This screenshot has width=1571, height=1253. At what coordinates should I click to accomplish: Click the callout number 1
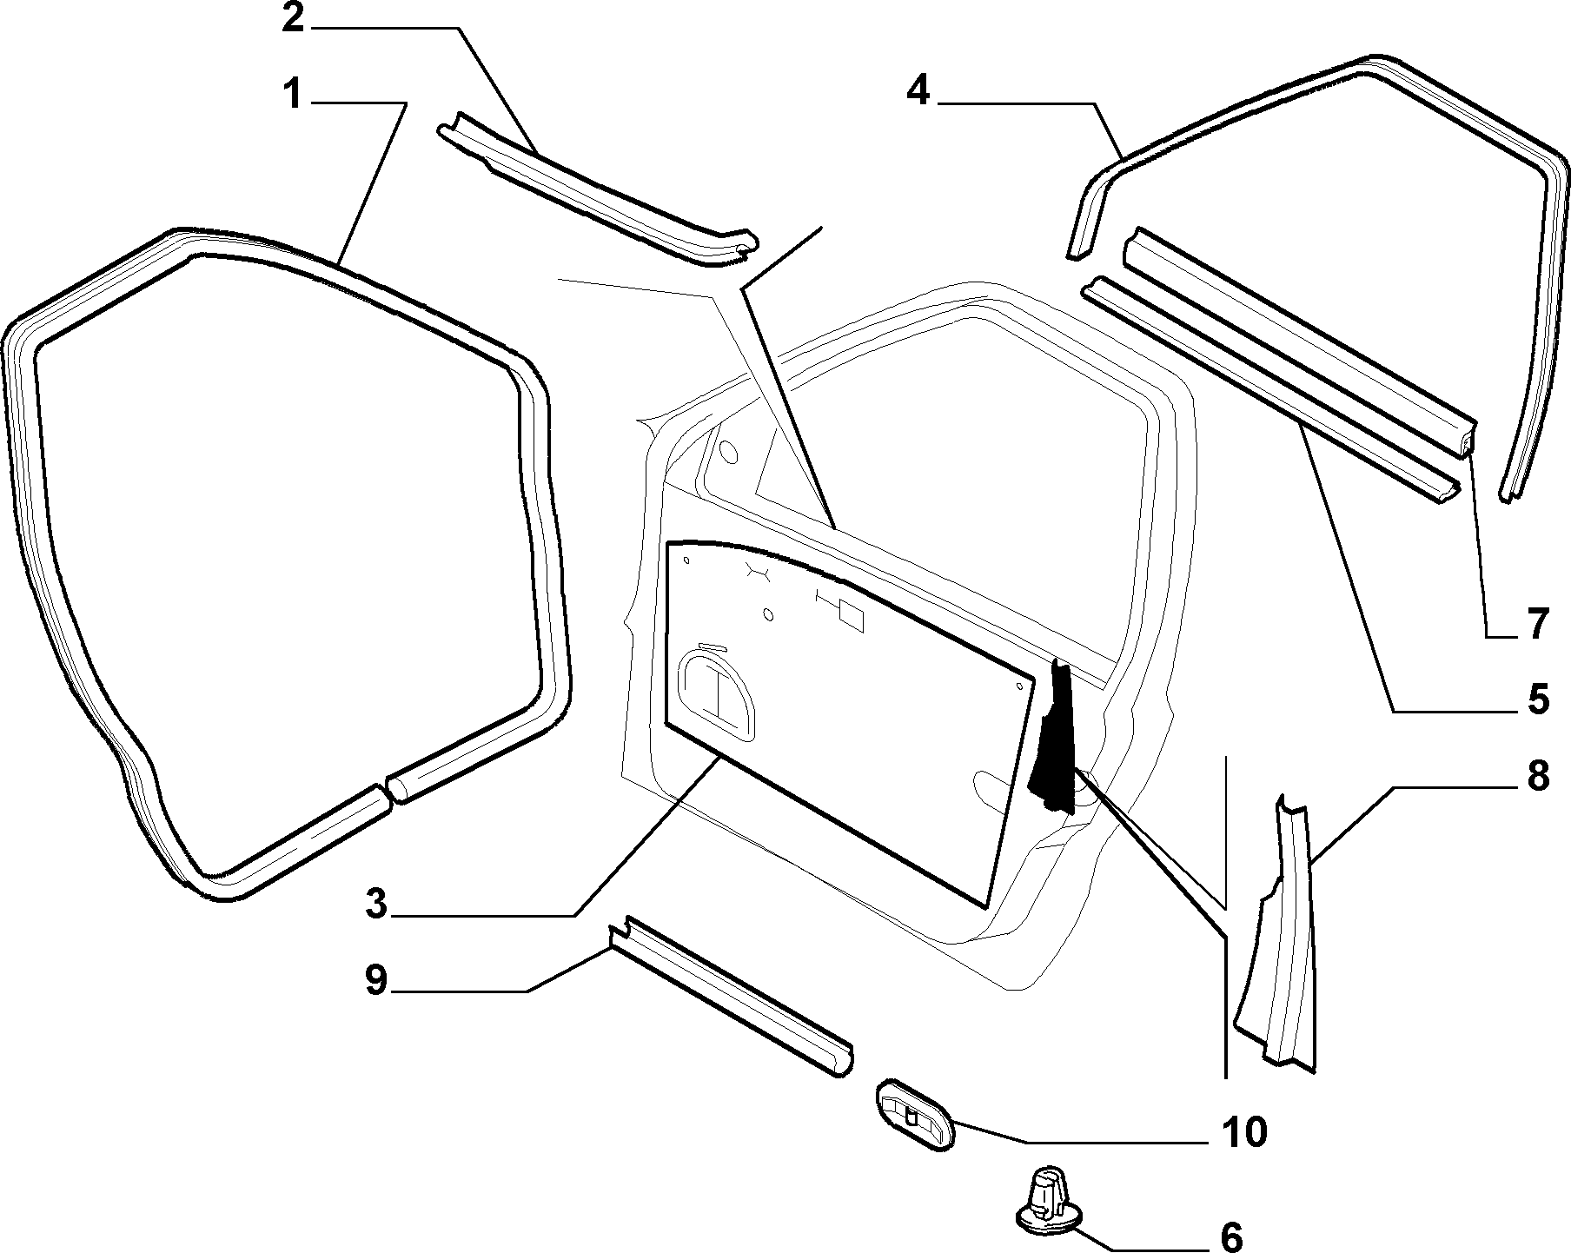[295, 95]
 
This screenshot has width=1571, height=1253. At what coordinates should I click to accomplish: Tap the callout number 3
[375, 905]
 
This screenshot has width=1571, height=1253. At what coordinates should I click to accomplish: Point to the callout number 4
[918, 90]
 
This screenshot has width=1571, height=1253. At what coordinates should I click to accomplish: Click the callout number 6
[1231, 1237]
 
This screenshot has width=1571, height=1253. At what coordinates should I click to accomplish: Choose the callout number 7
[1537, 624]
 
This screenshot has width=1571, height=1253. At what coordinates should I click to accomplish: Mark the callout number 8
[1538, 776]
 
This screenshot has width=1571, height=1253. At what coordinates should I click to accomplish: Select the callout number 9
[375, 981]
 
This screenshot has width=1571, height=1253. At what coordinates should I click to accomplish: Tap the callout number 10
[1244, 1131]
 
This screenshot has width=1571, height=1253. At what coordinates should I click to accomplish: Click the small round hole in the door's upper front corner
[728, 453]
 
